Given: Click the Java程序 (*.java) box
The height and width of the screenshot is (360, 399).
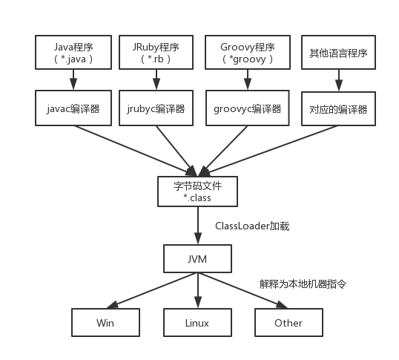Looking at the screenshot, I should pos(73,53).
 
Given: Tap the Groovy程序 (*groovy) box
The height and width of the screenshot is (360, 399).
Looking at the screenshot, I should pos(246,53).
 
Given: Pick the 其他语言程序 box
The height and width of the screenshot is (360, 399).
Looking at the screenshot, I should pos(338,53).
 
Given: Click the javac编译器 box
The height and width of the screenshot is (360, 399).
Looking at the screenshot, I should pos(73,108).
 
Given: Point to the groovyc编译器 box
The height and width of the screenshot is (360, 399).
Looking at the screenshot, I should pos(246,108).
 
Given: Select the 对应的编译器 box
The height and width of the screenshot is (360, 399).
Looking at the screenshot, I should pos(338,108).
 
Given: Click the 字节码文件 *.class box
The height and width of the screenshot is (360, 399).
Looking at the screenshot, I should pos(197,192).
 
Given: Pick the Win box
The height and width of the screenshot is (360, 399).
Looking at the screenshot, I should pos(105,323).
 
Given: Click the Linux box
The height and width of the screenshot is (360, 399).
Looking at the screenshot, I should pos(197,323).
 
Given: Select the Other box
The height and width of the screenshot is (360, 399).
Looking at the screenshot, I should pos(288,323).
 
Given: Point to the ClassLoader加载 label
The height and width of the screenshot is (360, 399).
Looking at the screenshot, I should pos(252,226).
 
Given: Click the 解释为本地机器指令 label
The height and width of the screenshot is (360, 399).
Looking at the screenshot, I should pos(303,284).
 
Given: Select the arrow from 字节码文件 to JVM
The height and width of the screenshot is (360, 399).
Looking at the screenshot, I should pos(197,226).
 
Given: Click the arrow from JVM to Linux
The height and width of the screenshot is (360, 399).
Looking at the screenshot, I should pos(197,291).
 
